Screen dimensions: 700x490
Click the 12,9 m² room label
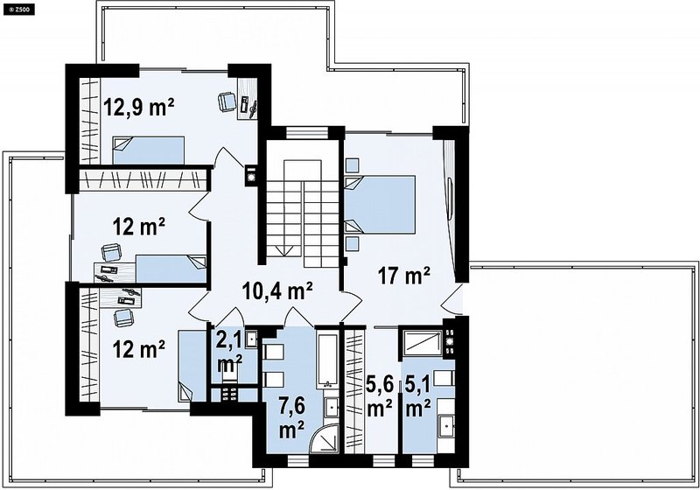pos(139,108)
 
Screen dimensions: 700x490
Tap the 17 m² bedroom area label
pos(404,276)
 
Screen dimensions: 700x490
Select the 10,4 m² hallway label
pos(276,291)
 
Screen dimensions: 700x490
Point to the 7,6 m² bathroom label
pos(292,418)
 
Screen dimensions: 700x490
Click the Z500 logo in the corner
pos(18,10)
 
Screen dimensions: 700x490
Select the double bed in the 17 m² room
pos(380,205)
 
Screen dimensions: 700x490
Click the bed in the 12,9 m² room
pos(148,150)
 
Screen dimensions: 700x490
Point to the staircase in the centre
pos(303,213)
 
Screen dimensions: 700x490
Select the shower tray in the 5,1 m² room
pos(423,342)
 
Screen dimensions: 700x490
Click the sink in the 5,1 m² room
pos(446,425)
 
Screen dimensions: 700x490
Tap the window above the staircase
pos(307,133)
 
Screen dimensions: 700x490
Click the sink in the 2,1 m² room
pos(252,339)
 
